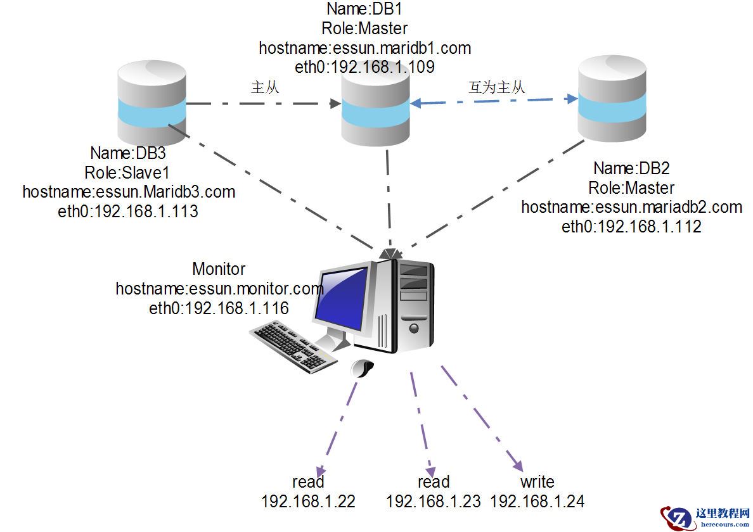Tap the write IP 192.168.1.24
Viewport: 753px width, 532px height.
point(537,502)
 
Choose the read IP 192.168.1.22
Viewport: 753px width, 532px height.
point(308,502)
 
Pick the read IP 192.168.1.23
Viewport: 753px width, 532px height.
point(434,502)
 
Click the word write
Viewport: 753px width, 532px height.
point(537,483)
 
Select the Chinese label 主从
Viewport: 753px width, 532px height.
point(265,88)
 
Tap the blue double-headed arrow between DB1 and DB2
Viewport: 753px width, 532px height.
point(494,100)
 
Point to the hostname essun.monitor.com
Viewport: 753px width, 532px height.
point(219,289)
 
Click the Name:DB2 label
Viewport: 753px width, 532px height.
point(631,168)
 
